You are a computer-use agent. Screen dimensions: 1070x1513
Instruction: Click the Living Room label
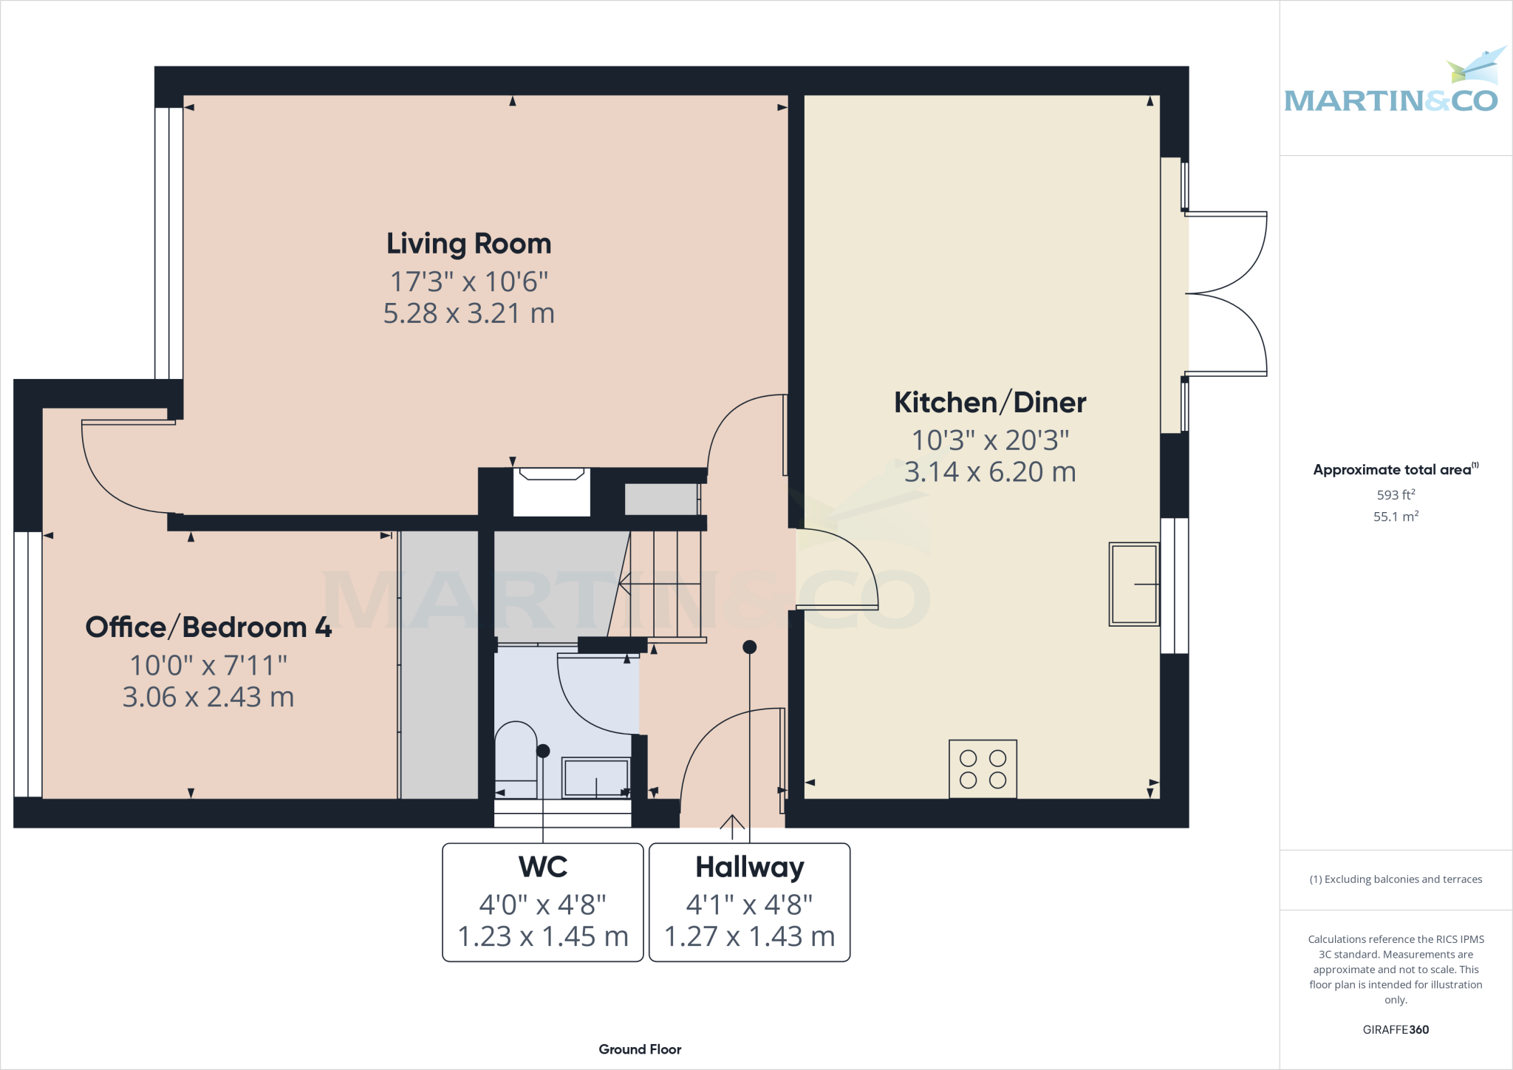point(468,244)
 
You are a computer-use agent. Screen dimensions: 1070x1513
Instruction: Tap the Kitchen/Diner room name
point(989,403)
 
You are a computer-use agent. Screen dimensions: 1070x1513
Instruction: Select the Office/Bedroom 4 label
point(208,627)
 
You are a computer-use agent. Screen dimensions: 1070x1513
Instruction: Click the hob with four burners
point(983,769)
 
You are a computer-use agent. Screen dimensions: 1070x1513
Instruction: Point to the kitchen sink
point(1133,585)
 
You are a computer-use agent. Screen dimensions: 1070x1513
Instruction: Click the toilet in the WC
point(516,757)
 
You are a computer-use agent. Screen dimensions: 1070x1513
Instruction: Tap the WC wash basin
point(595,777)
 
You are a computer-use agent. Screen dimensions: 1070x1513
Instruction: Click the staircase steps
point(661,584)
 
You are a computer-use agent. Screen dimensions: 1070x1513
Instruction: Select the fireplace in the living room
point(551,491)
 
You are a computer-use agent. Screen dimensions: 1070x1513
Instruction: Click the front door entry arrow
point(732,826)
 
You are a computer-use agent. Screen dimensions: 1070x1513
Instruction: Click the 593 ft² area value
point(1396,495)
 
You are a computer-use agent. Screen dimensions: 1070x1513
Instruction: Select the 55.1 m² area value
point(1396,517)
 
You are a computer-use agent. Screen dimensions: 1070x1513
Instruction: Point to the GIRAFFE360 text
point(1396,1029)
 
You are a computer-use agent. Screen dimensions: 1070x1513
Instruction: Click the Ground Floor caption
point(640,1049)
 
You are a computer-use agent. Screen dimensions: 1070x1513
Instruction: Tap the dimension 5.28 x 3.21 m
point(468,313)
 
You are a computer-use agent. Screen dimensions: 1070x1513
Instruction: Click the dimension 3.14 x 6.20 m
point(989,472)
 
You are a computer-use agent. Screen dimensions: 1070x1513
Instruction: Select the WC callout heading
point(543,867)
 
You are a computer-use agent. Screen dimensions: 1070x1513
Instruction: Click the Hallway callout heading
point(749,867)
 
